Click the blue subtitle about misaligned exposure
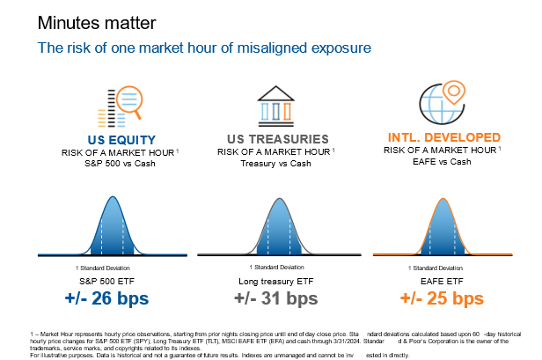[202, 48]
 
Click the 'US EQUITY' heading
[121, 140]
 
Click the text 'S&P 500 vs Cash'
[121, 164]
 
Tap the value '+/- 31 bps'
[275, 299]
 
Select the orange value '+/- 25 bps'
[442, 299]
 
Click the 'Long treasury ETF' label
[275, 281]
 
